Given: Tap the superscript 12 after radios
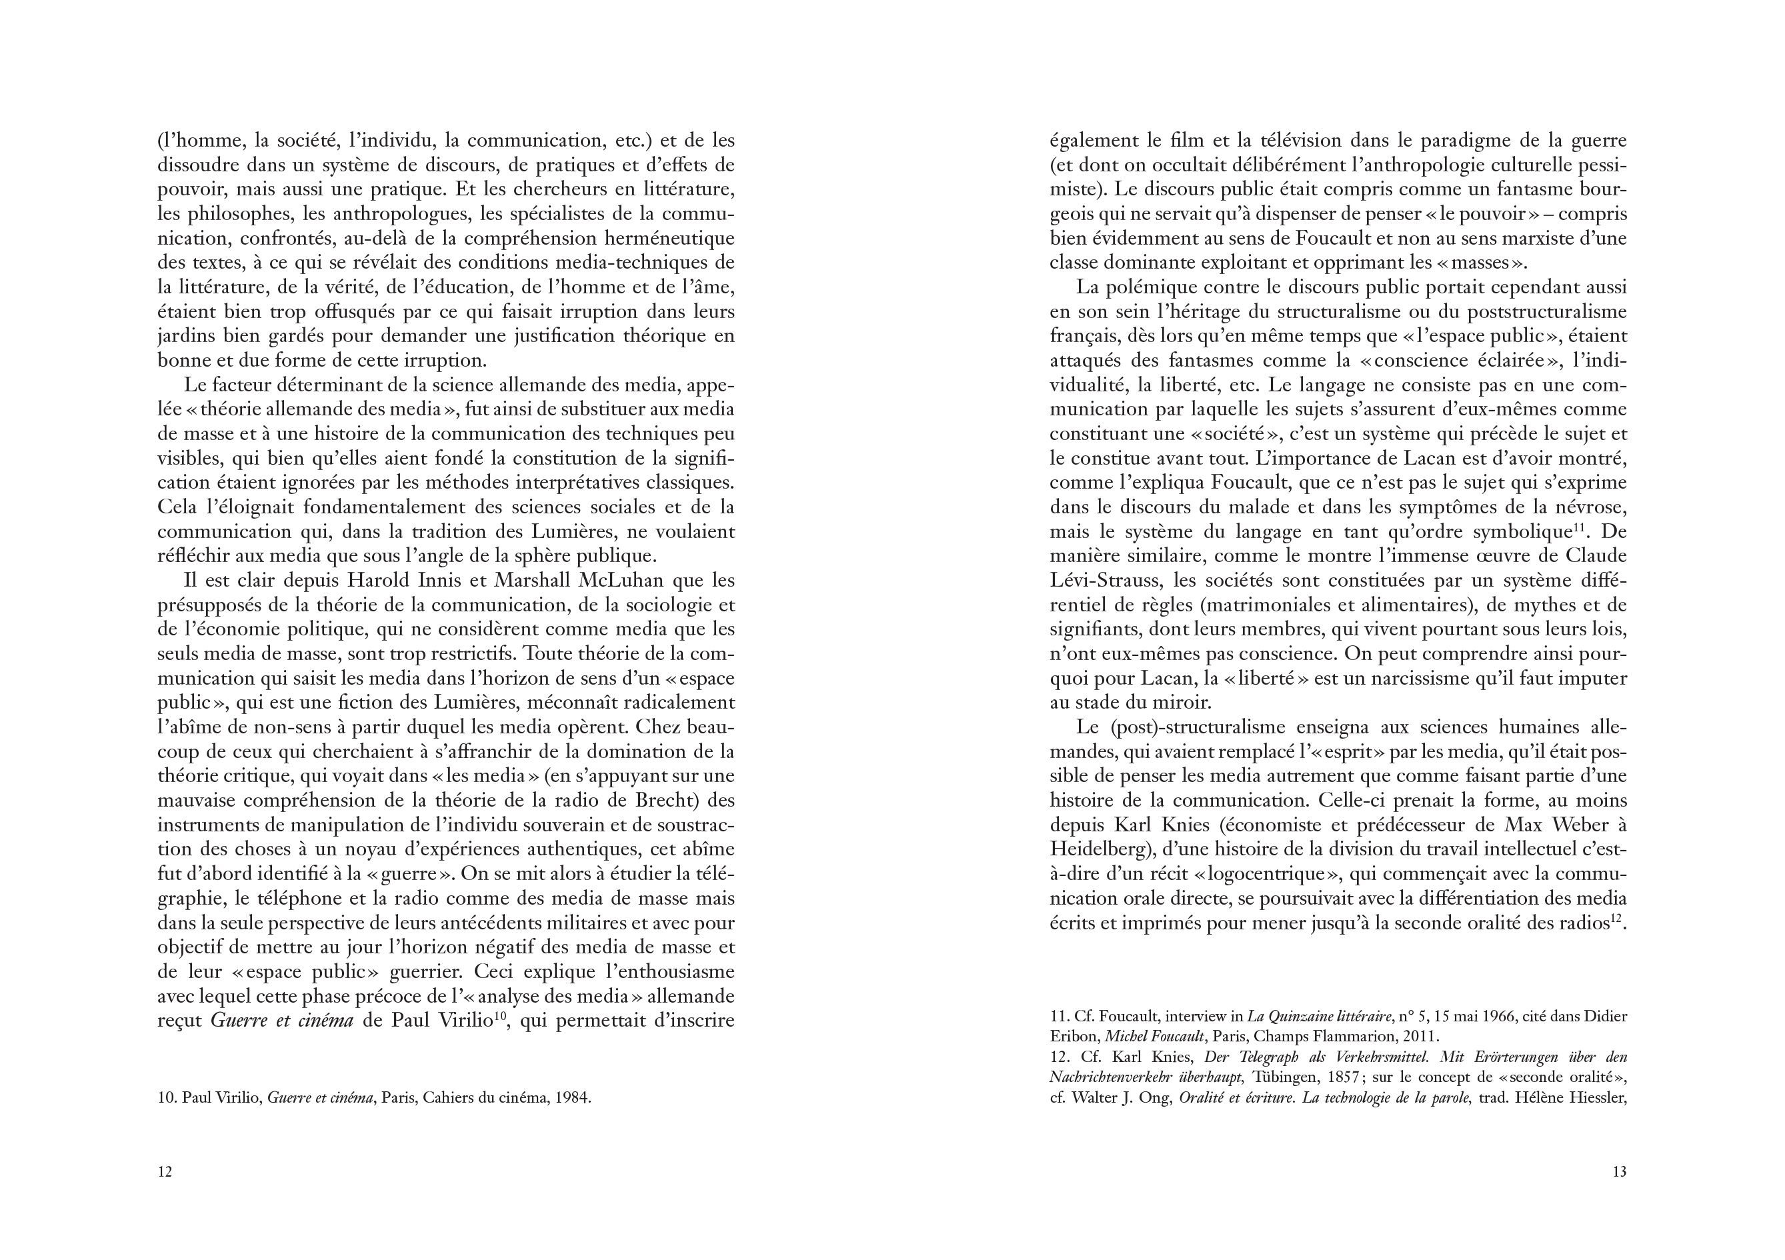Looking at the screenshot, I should pyautogui.click(x=1616, y=919).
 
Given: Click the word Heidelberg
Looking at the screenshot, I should pyautogui.click(x=1097, y=849).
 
